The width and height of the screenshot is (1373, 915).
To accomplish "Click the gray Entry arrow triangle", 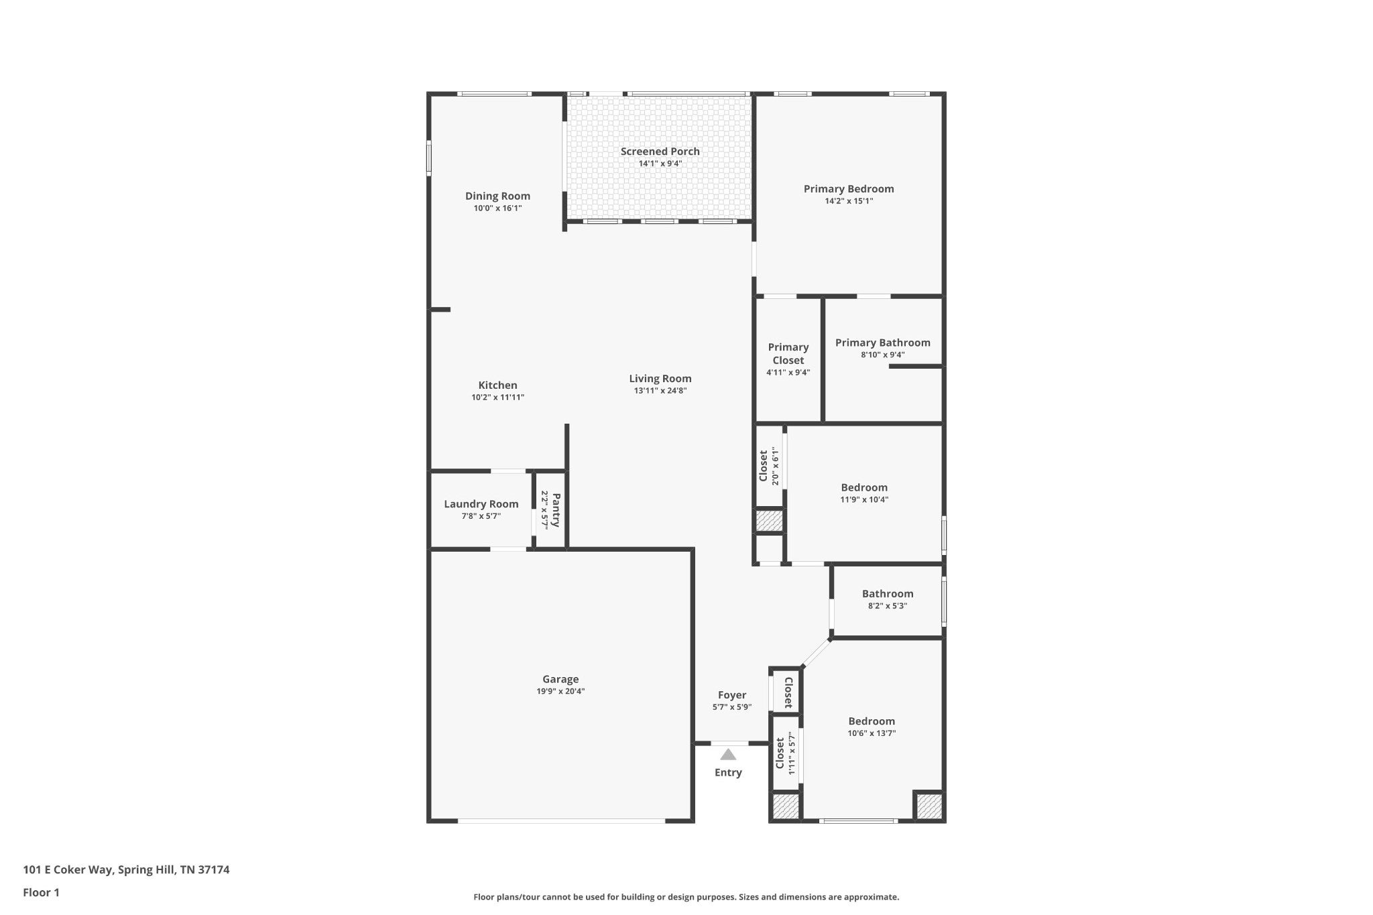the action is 728,754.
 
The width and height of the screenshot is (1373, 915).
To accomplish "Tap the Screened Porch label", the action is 660,151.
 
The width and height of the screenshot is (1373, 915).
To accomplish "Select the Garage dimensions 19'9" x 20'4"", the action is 560,692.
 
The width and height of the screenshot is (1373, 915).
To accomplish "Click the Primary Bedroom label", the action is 849,189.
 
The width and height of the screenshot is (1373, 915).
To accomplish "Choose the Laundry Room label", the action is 481,504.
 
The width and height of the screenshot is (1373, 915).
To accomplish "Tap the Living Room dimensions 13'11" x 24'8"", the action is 660,391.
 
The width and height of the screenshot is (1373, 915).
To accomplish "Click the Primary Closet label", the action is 788,353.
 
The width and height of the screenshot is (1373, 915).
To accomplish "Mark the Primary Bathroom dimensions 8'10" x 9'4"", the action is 883,355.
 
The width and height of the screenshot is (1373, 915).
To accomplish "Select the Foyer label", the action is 732,695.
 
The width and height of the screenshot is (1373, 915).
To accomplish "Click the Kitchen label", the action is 497,385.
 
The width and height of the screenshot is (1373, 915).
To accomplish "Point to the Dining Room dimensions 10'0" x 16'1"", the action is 497,208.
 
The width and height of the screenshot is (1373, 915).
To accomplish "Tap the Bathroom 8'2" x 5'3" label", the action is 888,594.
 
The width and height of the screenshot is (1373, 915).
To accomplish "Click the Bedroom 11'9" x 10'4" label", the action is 864,488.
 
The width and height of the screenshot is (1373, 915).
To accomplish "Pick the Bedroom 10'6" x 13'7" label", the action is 872,722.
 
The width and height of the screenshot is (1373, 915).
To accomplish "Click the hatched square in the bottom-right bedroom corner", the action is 929,806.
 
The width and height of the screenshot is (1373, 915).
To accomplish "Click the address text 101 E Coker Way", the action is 68,870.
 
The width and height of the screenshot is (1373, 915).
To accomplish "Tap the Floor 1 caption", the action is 41,893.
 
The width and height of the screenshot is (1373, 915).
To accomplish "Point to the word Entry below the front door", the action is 728,773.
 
